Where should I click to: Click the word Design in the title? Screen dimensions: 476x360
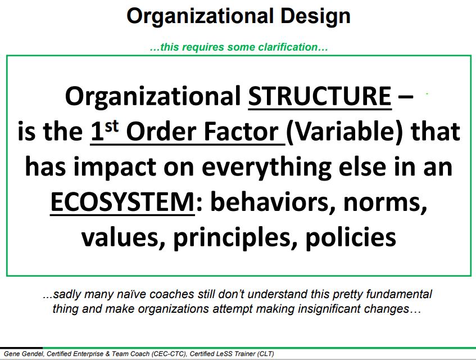tap(316, 17)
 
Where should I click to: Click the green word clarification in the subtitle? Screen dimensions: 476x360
tap(288, 47)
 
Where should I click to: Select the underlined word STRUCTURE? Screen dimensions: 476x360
tap(320, 96)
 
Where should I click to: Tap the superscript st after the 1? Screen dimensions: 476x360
tap(111, 126)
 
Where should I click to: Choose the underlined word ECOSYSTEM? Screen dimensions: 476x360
tap(123, 202)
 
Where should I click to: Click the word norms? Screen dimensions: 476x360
tap(385, 203)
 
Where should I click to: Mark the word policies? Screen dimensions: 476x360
tap(351, 237)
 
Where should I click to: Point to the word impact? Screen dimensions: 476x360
tap(115, 168)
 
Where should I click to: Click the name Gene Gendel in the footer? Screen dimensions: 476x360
tap(24, 354)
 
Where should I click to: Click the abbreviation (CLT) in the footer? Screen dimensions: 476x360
tap(266, 354)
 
